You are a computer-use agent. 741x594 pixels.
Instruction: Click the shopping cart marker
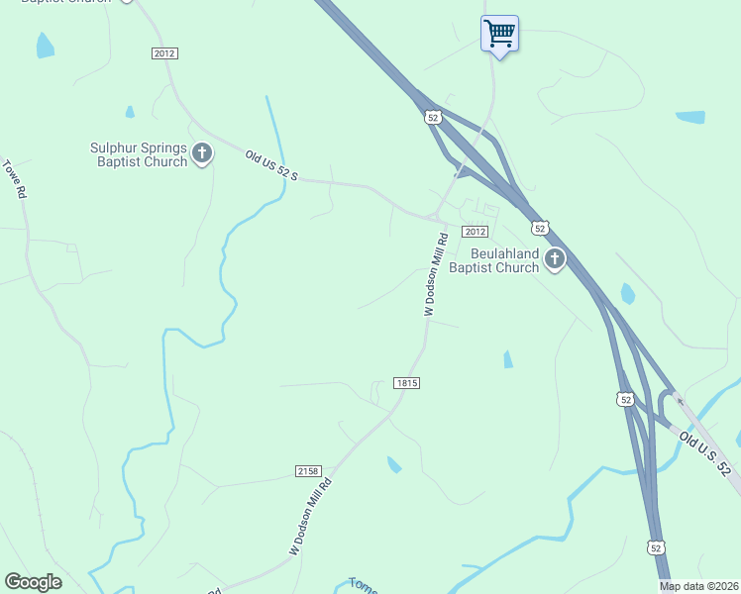[499, 35]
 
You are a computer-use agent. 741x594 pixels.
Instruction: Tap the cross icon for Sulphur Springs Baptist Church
[203, 153]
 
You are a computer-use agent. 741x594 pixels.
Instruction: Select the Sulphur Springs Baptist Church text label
[139, 154]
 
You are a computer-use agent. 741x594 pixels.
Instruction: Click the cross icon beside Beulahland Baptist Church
[555, 260]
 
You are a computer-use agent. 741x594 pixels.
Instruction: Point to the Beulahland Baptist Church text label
[492, 260]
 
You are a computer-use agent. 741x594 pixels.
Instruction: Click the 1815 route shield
[407, 383]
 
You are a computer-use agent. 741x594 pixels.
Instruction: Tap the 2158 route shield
[308, 471]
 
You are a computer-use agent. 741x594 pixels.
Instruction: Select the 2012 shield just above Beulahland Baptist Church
[476, 232]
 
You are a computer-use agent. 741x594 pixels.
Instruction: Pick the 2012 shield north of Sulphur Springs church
[165, 53]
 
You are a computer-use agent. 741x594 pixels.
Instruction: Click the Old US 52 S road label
[271, 165]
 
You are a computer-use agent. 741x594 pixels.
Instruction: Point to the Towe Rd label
[14, 180]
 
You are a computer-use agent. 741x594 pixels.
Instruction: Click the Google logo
[33, 582]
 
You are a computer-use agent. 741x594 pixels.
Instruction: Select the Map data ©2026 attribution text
[698, 586]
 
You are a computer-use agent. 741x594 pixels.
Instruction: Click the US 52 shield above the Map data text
[656, 546]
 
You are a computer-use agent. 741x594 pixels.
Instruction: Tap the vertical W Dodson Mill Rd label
[437, 274]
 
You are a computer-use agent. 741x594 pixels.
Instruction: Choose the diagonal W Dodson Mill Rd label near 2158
[310, 517]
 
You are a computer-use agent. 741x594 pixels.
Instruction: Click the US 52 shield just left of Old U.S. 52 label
[624, 399]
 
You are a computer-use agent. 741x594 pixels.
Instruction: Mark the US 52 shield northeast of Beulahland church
[540, 228]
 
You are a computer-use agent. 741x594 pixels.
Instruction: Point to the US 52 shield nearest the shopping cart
[433, 117]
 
